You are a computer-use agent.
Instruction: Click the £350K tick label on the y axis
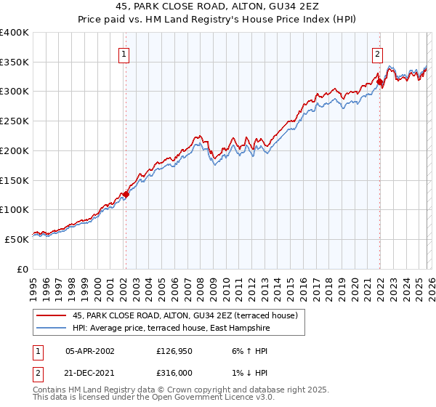[x=15, y=62]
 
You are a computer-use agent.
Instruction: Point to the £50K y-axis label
[x=17, y=238]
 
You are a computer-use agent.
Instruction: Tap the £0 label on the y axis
[x=23, y=268]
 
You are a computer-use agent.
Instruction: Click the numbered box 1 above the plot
[x=124, y=54]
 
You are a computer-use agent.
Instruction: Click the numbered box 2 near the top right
[x=378, y=54]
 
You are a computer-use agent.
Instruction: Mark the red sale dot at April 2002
[x=126, y=194]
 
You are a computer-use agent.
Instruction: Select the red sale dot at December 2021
[x=379, y=82]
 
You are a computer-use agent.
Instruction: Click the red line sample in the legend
[x=52, y=315]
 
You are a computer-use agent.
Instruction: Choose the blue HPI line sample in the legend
[x=52, y=328]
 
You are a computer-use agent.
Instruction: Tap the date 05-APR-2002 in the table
[x=90, y=350]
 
